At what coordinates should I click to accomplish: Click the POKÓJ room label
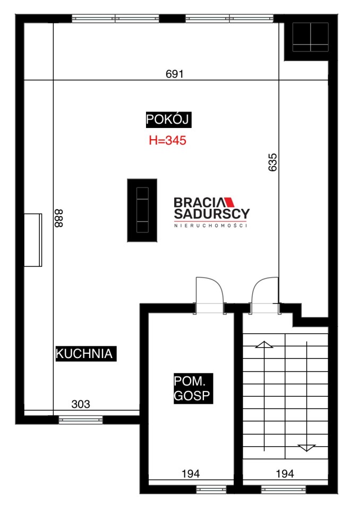(168, 120)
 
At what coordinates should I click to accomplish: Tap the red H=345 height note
(167, 140)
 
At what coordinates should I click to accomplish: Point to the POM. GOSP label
(193, 388)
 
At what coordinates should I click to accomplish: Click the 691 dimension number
(175, 74)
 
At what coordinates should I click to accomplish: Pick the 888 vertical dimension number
(59, 218)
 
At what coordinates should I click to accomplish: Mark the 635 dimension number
(272, 162)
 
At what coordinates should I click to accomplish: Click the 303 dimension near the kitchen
(81, 404)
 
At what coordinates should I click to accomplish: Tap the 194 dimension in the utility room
(191, 473)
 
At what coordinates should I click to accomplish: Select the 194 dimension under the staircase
(285, 473)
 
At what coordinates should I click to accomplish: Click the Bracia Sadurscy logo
(212, 212)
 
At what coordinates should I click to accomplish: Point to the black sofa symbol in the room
(142, 210)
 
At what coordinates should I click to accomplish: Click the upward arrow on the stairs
(264, 396)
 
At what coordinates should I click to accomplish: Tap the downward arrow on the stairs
(307, 396)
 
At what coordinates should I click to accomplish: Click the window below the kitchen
(81, 420)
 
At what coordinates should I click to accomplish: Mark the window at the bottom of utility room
(211, 489)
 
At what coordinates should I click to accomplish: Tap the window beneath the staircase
(284, 489)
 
